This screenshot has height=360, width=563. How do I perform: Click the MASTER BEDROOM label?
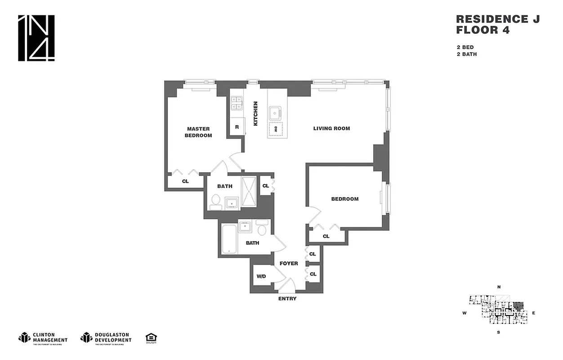point(198,132)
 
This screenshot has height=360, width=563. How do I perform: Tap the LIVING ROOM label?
point(331,129)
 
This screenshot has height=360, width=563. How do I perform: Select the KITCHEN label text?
point(255,113)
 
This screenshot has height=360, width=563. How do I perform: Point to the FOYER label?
point(289,263)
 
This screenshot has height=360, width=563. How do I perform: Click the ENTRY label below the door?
point(287,299)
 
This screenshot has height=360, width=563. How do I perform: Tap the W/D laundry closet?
point(262,276)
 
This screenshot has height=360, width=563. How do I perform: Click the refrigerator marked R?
point(237,126)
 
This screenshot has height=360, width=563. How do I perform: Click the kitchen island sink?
point(275,112)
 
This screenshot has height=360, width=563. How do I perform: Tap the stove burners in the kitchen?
point(237,103)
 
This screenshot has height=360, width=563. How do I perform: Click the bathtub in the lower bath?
point(228,239)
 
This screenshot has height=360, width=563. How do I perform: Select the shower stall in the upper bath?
point(249,191)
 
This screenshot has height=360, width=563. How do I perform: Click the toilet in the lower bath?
point(262,229)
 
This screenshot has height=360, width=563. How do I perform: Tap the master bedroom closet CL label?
point(185,181)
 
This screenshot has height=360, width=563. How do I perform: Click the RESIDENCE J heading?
point(497,19)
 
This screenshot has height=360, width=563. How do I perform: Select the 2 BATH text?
point(466,54)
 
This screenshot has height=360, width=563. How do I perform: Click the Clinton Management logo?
point(43,337)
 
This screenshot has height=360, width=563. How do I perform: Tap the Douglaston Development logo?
point(106,337)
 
